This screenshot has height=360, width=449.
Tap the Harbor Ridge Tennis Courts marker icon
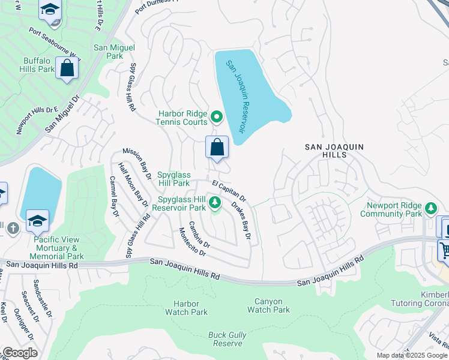(217, 117)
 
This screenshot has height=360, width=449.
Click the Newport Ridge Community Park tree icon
(430, 208)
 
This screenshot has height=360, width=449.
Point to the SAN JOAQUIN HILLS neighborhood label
(325, 150)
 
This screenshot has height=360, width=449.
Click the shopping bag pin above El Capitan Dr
(217, 148)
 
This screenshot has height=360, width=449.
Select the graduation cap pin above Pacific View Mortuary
(37, 221)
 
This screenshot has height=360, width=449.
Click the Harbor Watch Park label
(186, 308)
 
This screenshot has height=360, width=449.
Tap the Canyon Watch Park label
(268, 305)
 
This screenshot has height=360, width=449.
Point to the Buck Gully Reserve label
(226, 339)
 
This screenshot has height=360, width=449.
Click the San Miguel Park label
(114, 52)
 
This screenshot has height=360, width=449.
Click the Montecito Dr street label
(193, 242)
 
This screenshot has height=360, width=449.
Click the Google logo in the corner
(20, 353)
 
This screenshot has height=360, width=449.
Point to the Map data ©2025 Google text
(412, 355)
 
